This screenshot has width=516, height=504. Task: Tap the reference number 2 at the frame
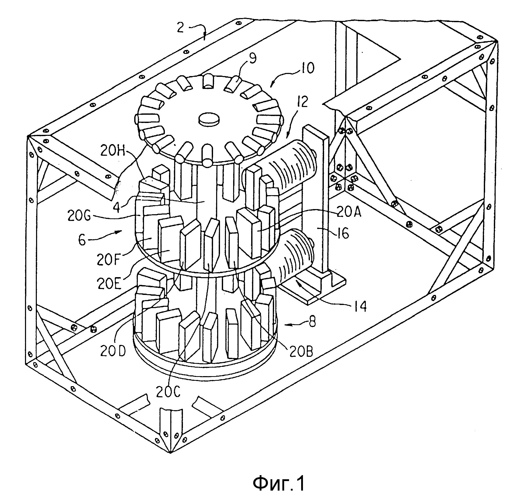(x=181, y=27)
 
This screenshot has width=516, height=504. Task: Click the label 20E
(x=109, y=283)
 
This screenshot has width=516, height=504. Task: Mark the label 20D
(x=113, y=351)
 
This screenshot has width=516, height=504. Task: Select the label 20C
(x=168, y=392)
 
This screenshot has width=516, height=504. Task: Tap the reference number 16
(x=343, y=233)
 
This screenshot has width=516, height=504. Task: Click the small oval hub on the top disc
(x=209, y=119)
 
